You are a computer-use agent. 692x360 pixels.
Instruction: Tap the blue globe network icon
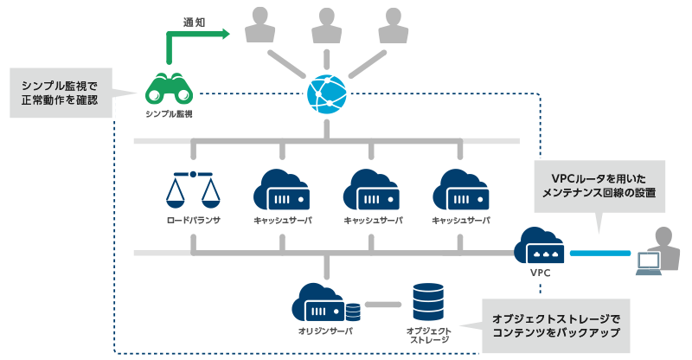pyautogui.click(x=327, y=93)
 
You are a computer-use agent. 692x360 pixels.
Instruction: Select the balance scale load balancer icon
pyautogui.click(x=193, y=189)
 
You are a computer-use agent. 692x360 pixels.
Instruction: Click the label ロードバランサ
pyautogui.click(x=193, y=221)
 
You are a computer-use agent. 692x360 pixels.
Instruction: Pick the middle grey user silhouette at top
pyautogui.click(x=326, y=26)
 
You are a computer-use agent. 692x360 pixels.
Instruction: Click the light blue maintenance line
pyautogui.click(x=599, y=253)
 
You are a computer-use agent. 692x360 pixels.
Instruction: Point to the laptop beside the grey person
pyautogui.click(x=649, y=263)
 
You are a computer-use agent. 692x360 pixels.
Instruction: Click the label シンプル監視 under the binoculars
pyautogui.click(x=170, y=113)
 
